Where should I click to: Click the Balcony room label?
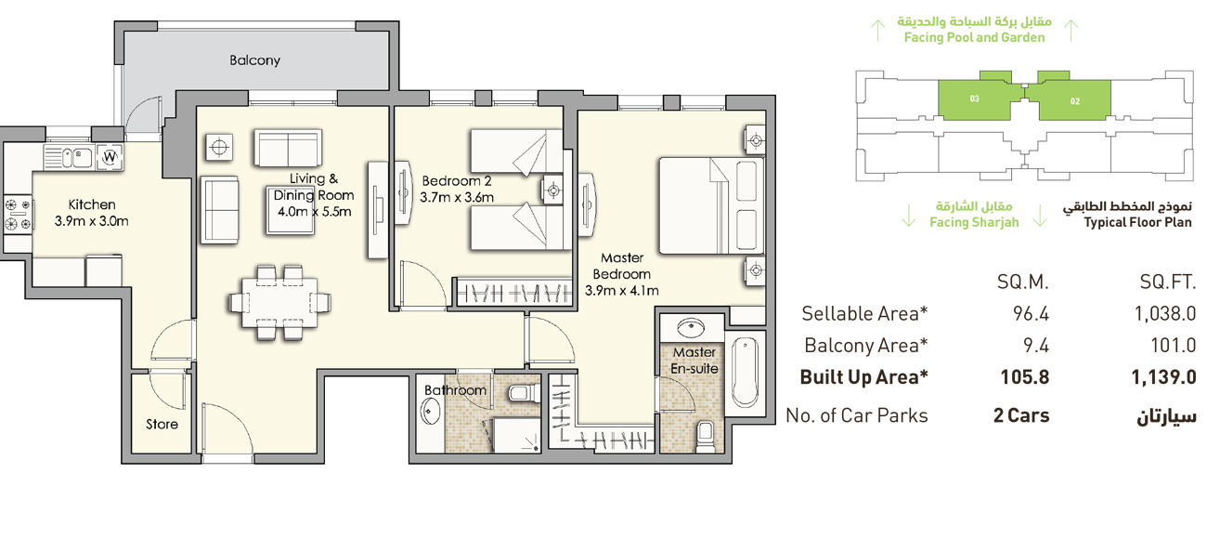(254, 60)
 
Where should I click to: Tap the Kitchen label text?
(92, 204)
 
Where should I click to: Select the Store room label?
(162, 425)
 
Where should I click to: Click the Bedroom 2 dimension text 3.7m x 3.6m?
(456, 197)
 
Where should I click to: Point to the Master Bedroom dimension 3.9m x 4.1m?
(621, 291)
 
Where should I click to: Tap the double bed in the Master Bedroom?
(710, 205)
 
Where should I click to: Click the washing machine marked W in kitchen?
(110, 157)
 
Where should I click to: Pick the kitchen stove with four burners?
(17, 214)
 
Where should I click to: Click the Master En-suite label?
(694, 361)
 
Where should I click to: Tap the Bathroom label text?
(455, 390)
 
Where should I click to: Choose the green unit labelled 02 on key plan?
(1075, 100)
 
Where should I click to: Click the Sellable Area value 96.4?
(1031, 314)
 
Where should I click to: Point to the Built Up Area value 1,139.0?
(1162, 378)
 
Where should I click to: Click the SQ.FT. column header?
(1167, 282)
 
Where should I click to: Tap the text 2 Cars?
(1021, 415)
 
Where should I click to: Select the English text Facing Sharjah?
(974, 223)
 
